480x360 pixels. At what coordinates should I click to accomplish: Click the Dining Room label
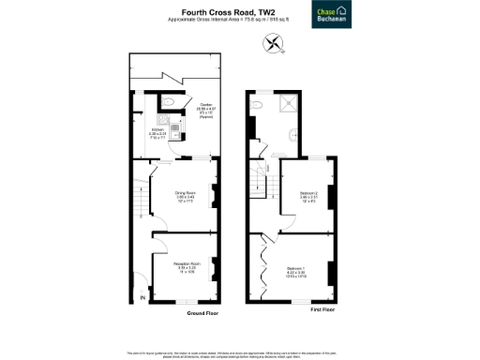point(184,194)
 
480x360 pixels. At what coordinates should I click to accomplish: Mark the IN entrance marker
point(142,297)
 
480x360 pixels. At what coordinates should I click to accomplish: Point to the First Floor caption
point(322,308)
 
